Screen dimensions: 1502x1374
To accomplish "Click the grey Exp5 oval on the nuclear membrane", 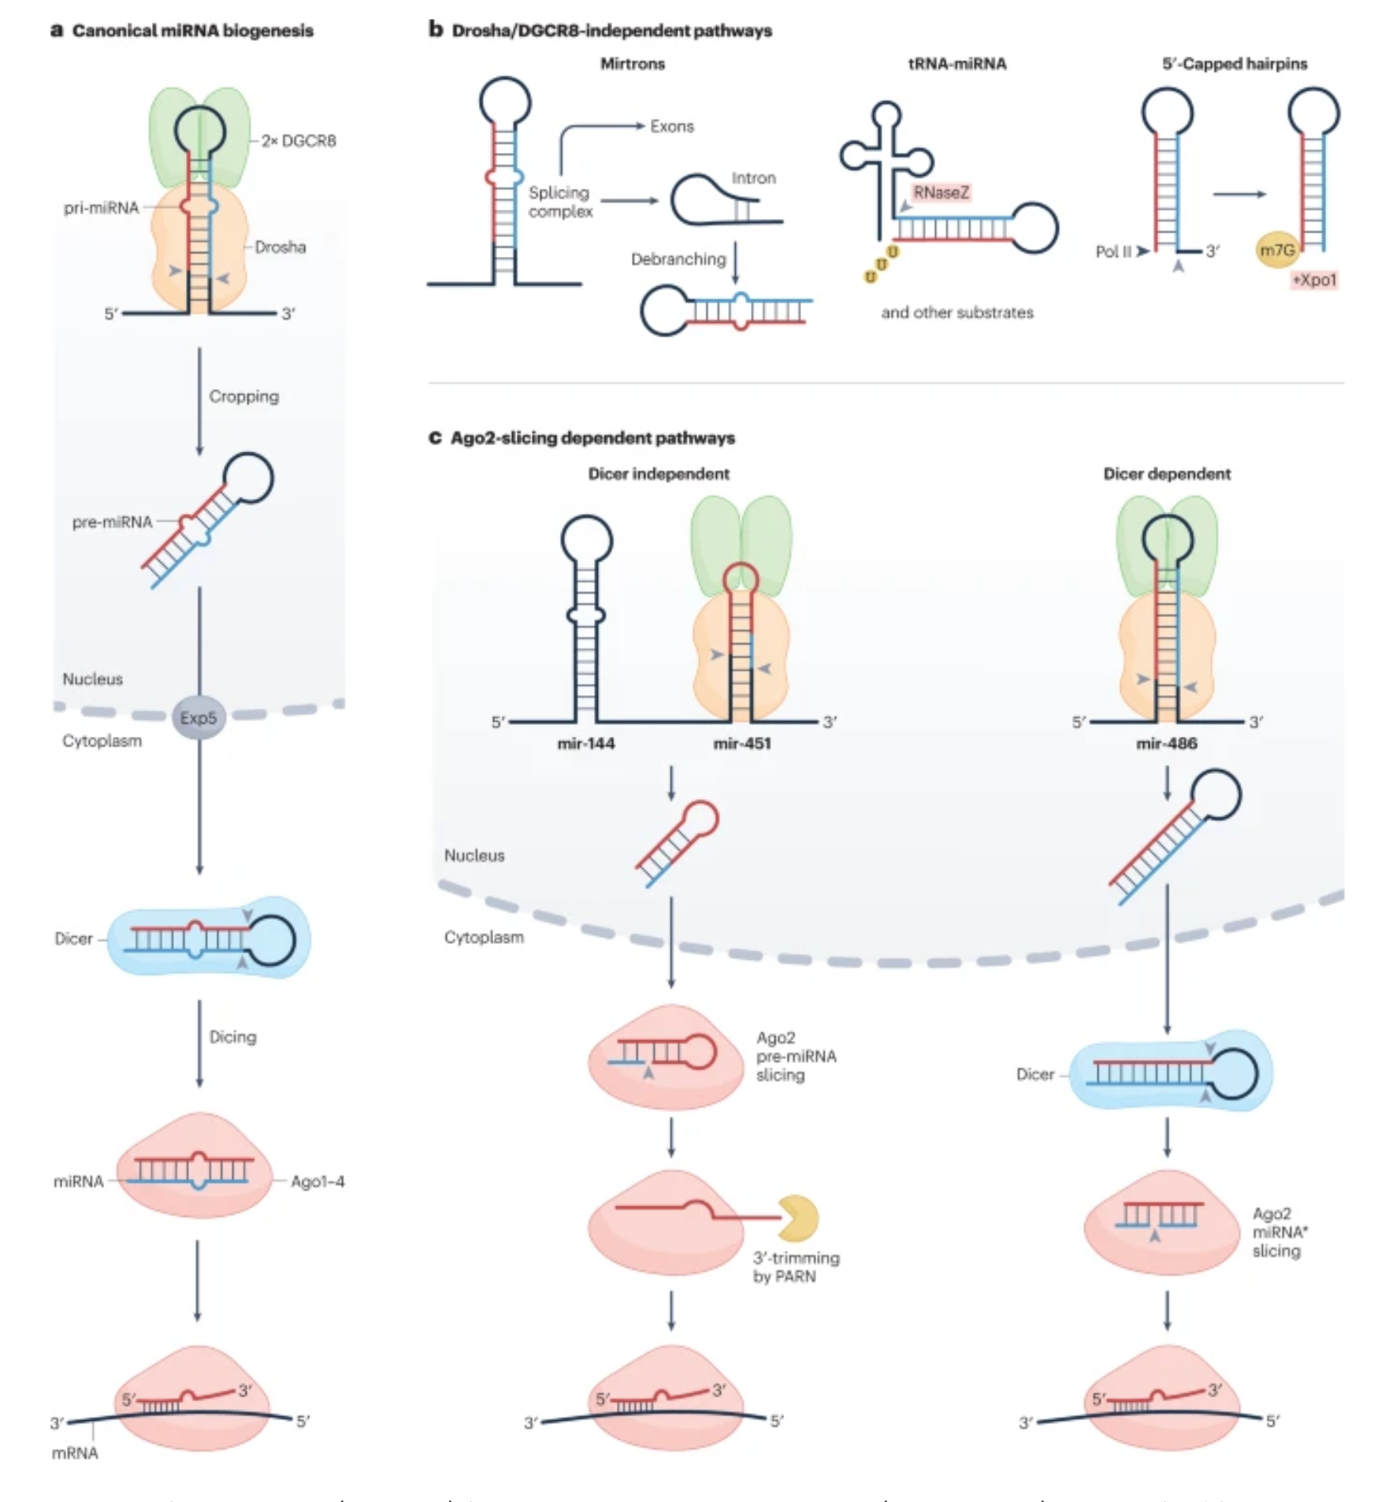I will (198, 717).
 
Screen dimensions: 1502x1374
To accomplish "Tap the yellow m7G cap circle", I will (1277, 251).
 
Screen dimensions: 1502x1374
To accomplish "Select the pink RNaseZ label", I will (941, 192).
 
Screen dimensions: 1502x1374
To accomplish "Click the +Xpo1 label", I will (1314, 280).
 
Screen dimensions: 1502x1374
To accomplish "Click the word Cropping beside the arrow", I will (243, 396).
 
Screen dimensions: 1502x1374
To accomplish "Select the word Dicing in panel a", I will (232, 1037).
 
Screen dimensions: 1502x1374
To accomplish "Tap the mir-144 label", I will (586, 743).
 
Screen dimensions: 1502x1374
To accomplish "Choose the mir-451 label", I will (742, 743).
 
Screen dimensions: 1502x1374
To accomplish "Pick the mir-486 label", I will (1167, 743).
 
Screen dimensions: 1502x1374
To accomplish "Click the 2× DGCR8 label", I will (299, 141).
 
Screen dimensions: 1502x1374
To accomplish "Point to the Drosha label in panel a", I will (280, 247).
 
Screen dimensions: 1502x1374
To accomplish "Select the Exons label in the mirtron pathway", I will (672, 126).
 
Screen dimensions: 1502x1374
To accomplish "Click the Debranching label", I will (678, 259).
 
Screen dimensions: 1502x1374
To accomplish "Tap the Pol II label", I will (1113, 251).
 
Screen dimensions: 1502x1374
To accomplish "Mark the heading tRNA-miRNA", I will (957, 64).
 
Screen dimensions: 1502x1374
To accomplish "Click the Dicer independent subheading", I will (659, 474).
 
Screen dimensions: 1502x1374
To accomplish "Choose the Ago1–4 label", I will (318, 1181).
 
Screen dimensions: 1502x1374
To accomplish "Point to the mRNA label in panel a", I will (75, 1453).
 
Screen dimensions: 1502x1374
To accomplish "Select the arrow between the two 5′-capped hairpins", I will (1239, 194).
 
